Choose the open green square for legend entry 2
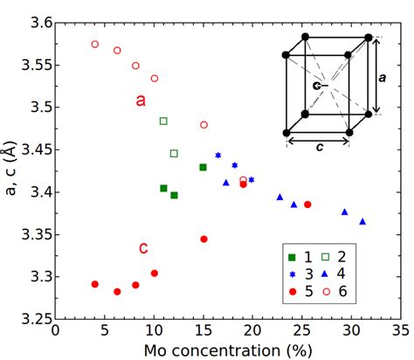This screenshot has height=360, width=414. [x=328, y=256]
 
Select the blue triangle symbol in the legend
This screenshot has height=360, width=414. [x=328, y=273]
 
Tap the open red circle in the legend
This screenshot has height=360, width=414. [x=328, y=289]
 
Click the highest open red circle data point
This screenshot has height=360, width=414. [x=95, y=44]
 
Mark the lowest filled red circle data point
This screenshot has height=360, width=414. [x=117, y=292]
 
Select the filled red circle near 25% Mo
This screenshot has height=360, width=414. [x=307, y=204]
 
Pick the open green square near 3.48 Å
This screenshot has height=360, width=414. [x=163, y=121]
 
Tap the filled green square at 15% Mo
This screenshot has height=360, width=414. [x=203, y=167]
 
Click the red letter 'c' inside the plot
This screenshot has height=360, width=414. [x=143, y=248]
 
